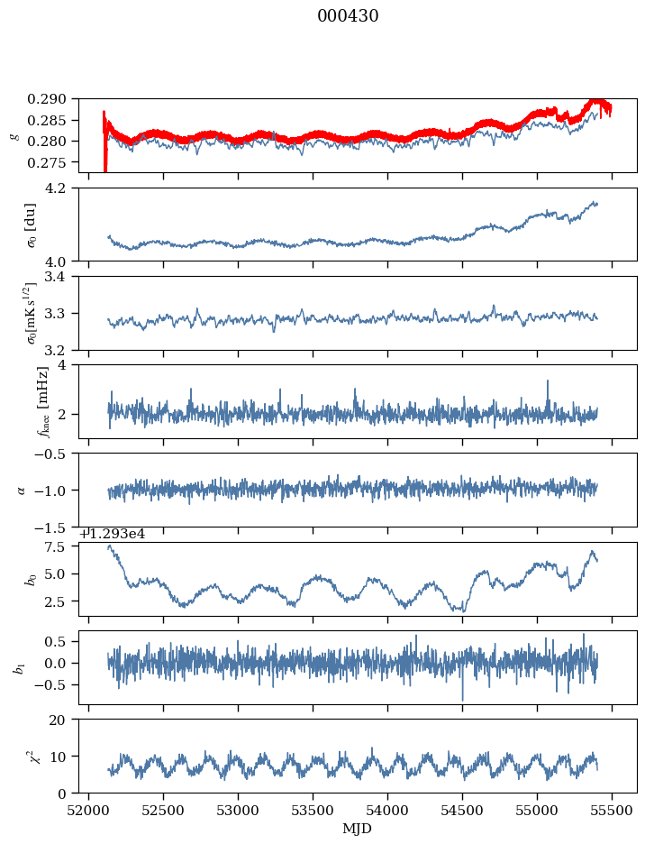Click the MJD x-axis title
(x=358, y=828)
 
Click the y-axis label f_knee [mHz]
(x=42, y=401)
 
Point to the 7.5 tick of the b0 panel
(x=63, y=546)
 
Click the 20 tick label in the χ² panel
(x=65, y=720)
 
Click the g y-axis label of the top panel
(x=14, y=135)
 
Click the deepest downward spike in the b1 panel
(x=463, y=700)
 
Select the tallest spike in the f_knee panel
(x=548, y=381)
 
